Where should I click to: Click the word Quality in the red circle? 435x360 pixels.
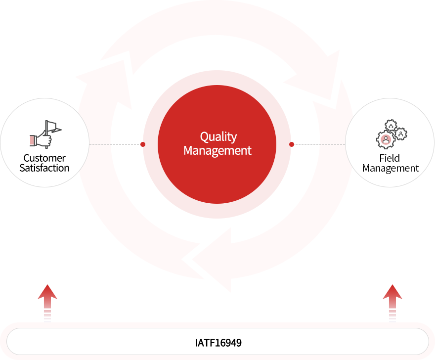pyautogui.click(x=218, y=137)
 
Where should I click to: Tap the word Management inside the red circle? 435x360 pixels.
pyautogui.click(x=217, y=150)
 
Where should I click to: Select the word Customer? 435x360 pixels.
pyautogui.click(x=44, y=158)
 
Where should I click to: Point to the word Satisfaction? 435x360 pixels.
pyautogui.click(x=44, y=168)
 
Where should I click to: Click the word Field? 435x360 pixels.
pyautogui.click(x=390, y=158)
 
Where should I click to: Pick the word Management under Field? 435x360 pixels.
pyautogui.click(x=391, y=168)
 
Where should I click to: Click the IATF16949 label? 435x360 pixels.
pyautogui.click(x=218, y=342)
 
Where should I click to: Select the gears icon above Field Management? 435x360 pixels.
pyautogui.click(x=391, y=134)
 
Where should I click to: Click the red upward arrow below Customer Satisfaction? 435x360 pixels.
pyautogui.click(x=45, y=302)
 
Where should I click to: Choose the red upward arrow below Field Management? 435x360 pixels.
pyautogui.click(x=393, y=302)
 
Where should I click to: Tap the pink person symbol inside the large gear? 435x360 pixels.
pyautogui.click(x=386, y=139)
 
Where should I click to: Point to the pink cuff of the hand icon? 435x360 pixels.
pyautogui.click(x=33, y=140)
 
